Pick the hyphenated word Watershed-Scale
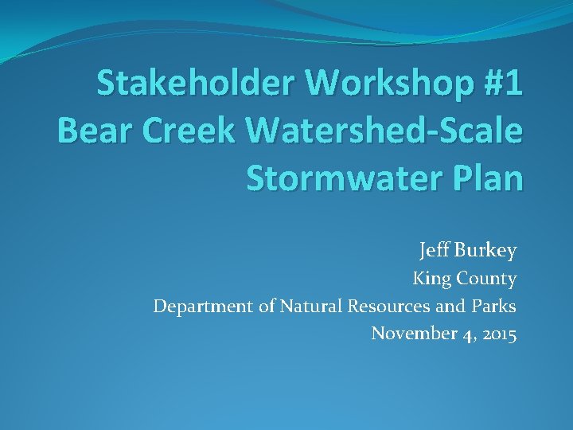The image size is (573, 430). pyautogui.click(x=386, y=130)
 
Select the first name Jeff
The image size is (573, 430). pyautogui.click(x=435, y=252)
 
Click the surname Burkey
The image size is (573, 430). pyautogui.click(x=485, y=252)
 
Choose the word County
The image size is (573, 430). pyautogui.click(x=487, y=279)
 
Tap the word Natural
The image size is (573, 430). pyautogui.click(x=310, y=306)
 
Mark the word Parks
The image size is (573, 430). pyautogui.click(x=495, y=306)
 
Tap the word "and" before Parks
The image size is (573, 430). pyautogui.click(x=450, y=306)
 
